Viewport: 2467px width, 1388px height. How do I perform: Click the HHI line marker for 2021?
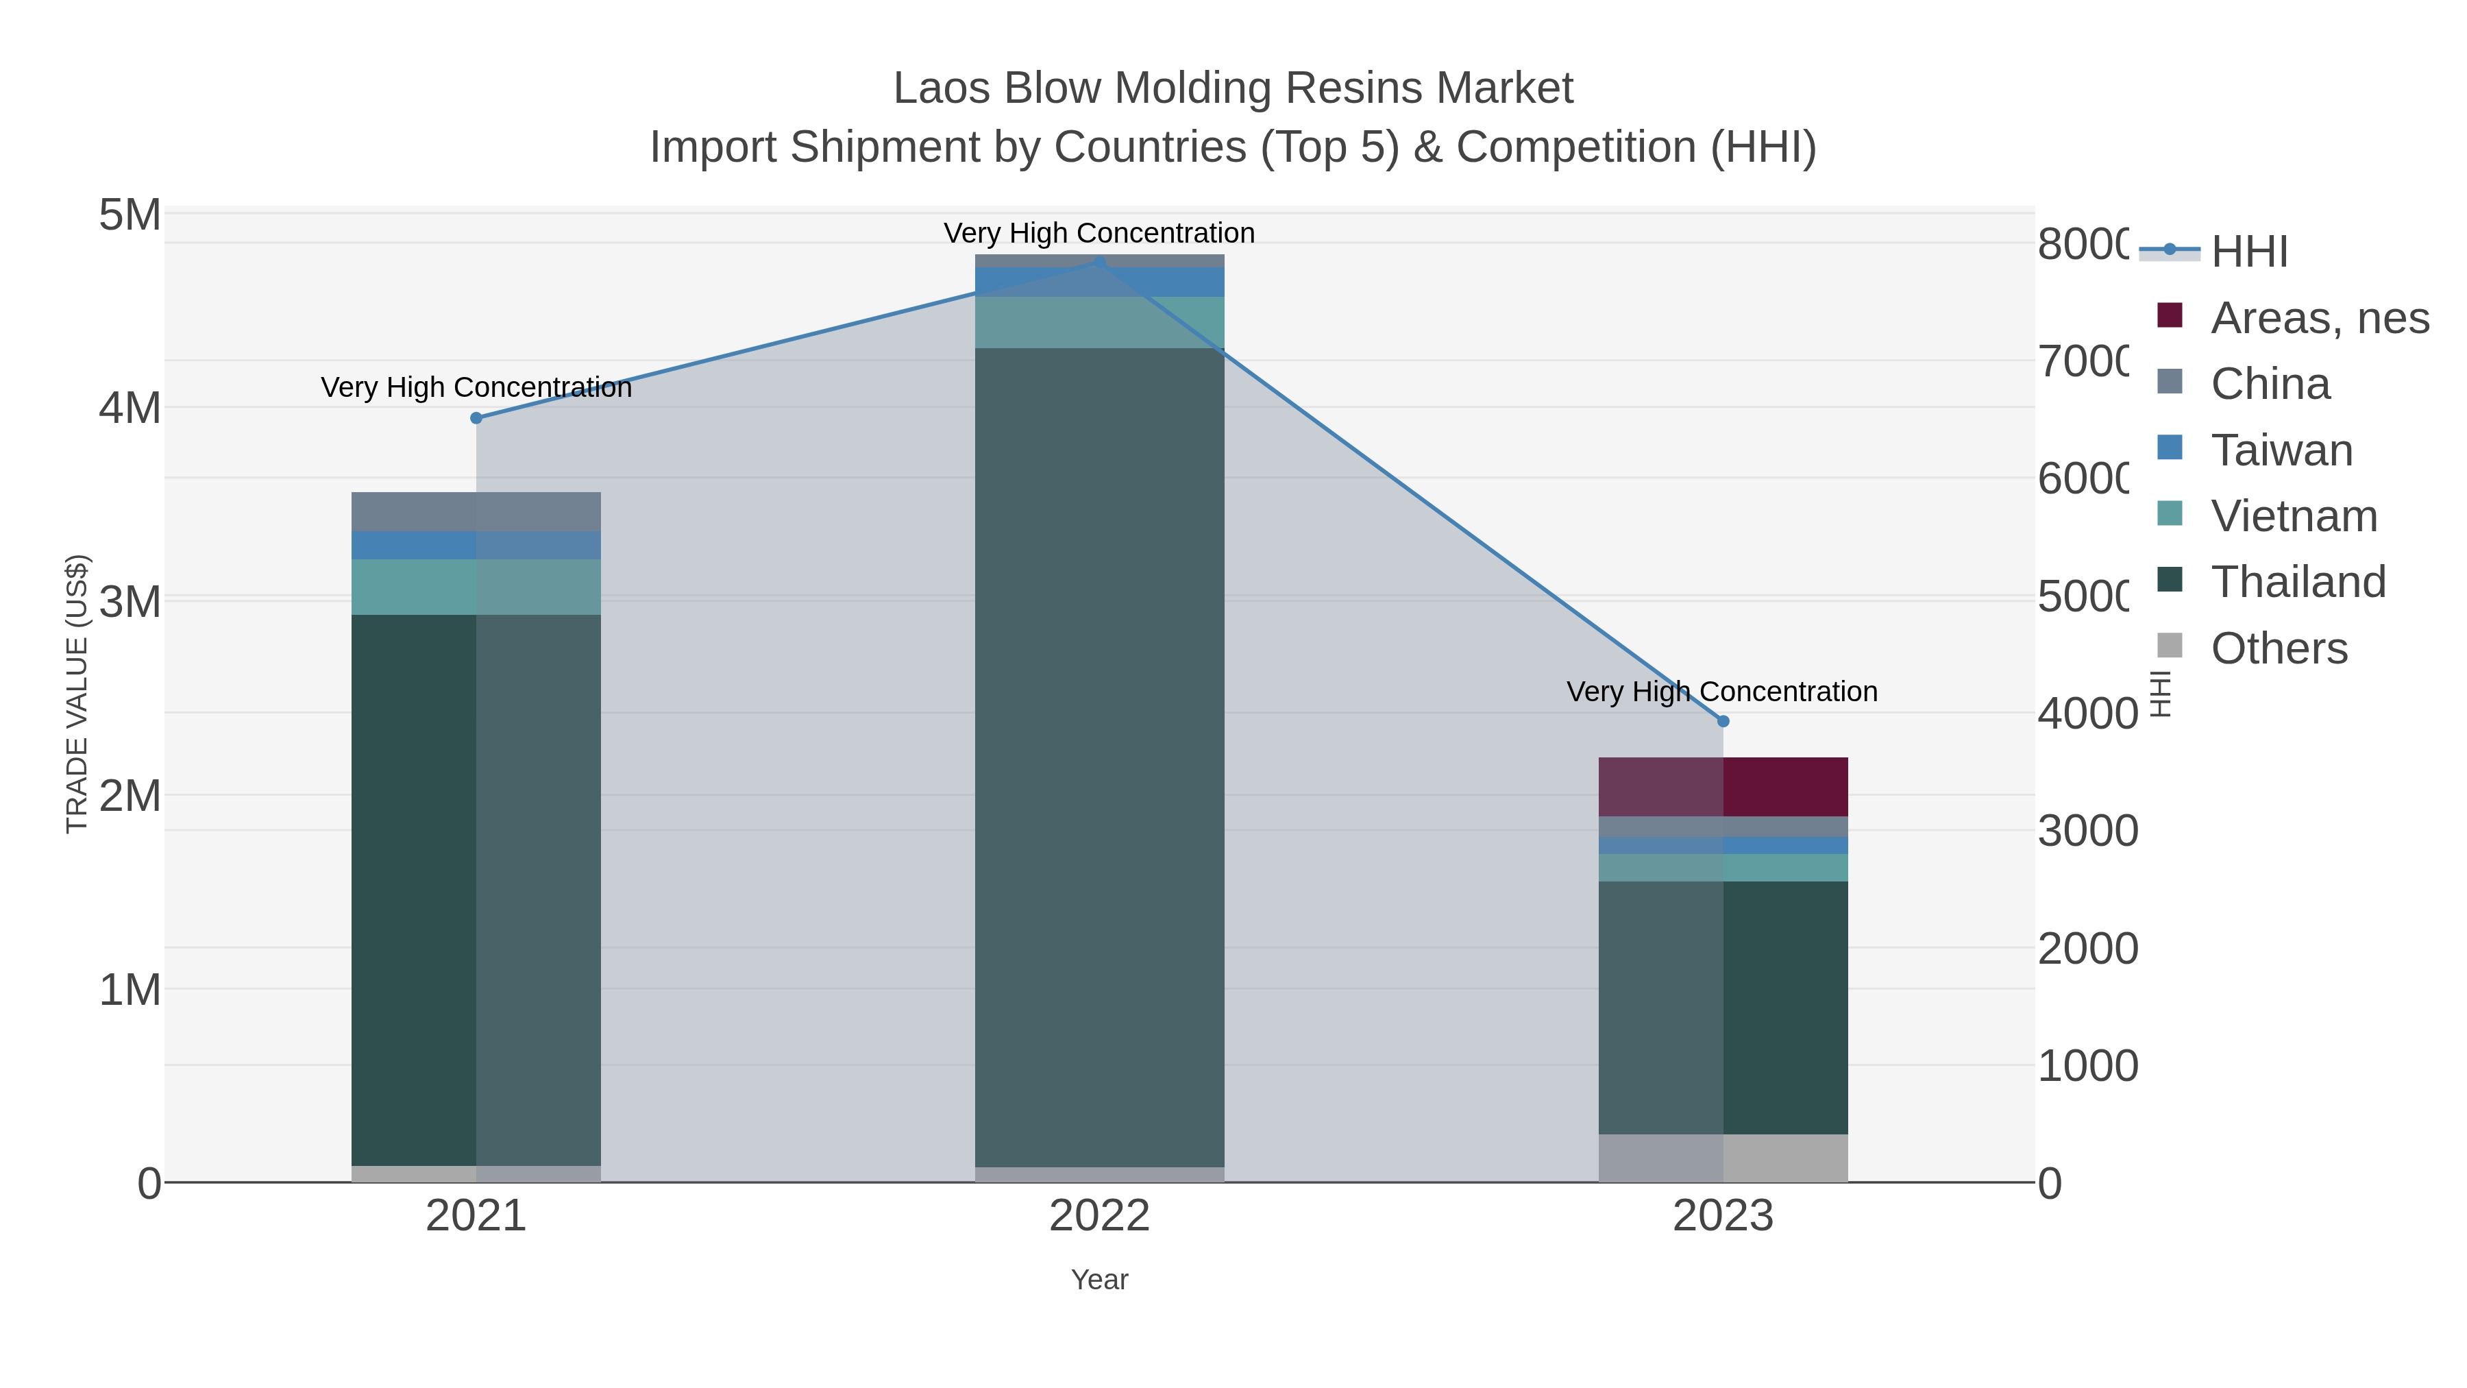[x=476, y=417]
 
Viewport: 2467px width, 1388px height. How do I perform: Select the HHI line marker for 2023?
[x=1723, y=721]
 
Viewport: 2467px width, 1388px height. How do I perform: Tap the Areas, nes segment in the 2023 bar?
[x=1723, y=786]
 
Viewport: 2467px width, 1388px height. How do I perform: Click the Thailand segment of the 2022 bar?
[x=1099, y=757]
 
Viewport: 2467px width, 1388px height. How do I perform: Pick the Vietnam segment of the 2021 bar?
[x=476, y=586]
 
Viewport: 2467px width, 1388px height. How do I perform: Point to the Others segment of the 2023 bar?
[x=1723, y=1158]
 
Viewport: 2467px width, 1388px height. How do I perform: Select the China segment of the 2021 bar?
[x=476, y=511]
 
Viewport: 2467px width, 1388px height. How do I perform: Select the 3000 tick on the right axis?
[x=2087, y=831]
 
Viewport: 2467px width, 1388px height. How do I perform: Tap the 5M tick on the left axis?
[x=130, y=215]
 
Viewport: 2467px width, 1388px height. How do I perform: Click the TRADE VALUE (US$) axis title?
[x=77, y=694]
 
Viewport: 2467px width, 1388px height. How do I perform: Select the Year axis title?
[x=1099, y=1280]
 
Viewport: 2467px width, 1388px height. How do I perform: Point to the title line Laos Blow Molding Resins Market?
[x=1233, y=88]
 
